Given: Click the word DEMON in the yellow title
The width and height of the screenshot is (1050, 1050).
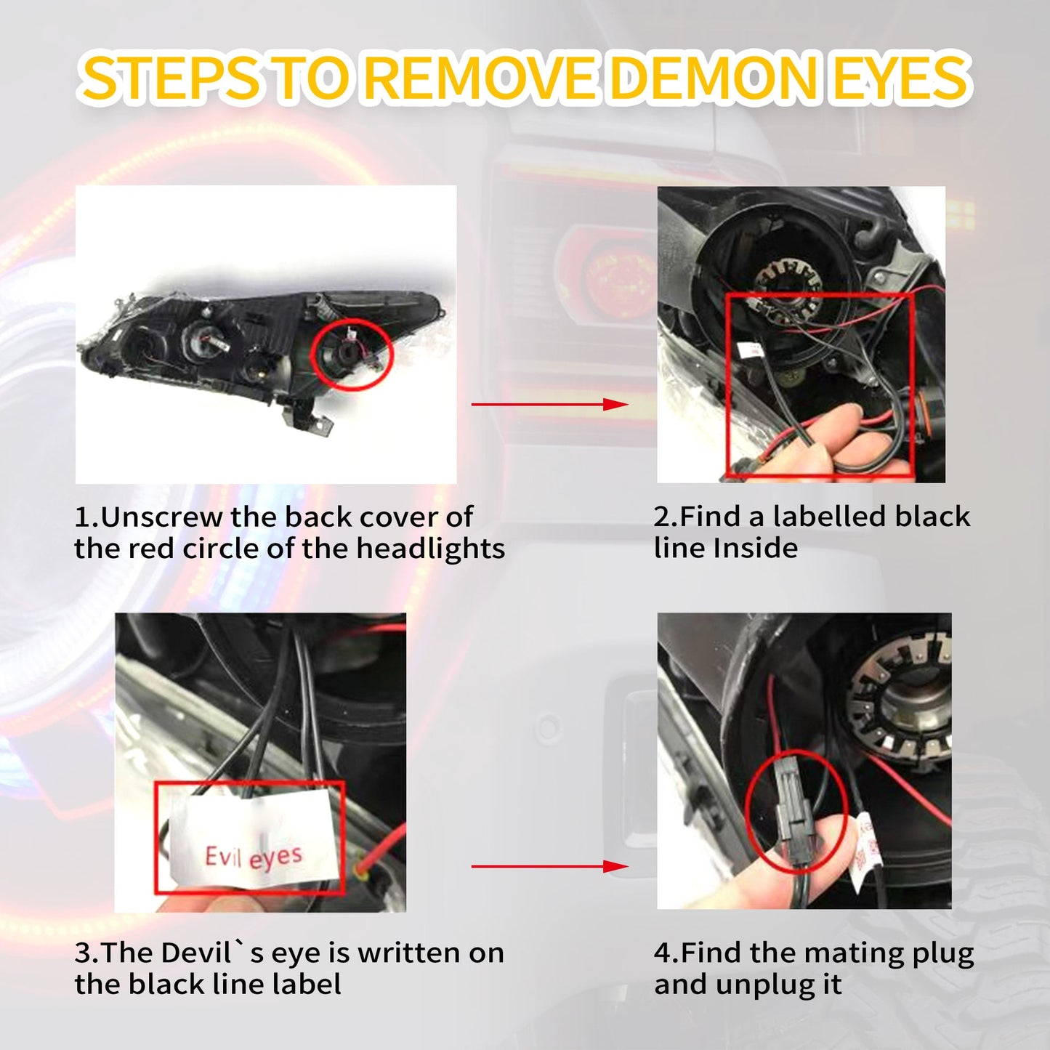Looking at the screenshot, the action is point(712,79).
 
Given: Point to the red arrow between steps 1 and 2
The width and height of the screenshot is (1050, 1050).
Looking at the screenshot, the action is point(550,404).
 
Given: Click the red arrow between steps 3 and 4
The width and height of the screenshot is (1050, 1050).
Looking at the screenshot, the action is point(550,866).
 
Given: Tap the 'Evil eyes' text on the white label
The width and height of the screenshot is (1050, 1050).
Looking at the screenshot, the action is point(254,857).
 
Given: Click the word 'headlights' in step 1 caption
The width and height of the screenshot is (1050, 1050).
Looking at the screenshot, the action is point(430,549).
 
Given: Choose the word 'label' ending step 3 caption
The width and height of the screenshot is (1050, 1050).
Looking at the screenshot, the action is point(305,985).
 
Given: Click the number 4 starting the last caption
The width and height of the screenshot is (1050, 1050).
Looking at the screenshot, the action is point(661,953).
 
